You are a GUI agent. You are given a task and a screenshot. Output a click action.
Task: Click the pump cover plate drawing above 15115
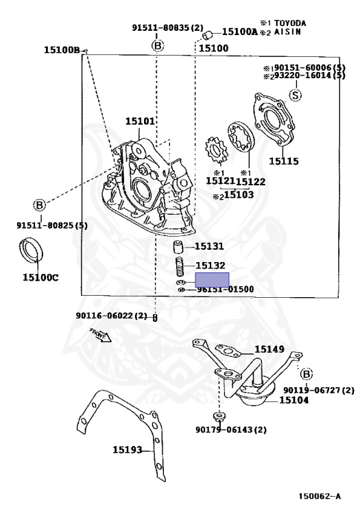tap(277, 121)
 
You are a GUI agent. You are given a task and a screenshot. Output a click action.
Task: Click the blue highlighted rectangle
tap(213, 279)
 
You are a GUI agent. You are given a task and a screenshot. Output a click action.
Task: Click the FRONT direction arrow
tap(100, 338)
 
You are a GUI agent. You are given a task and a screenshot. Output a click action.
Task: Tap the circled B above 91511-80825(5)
tap(39, 204)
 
